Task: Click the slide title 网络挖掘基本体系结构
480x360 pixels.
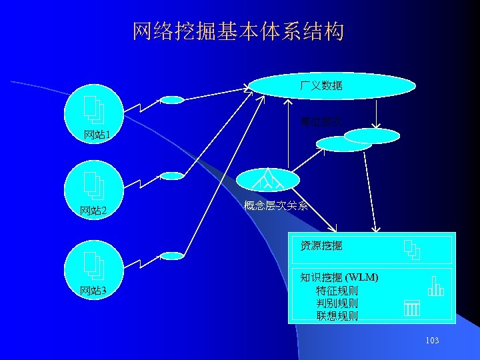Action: (238, 31)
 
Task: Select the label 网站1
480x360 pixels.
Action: (97, 135)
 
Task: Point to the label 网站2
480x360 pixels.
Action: (97, 211)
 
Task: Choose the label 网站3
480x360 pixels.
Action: (97, 290)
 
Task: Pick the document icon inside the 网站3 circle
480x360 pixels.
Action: (93, 264)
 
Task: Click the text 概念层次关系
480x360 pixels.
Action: (276, 206)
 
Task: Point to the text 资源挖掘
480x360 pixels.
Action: (321, 246)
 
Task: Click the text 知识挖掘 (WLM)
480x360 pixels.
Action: (339, 277)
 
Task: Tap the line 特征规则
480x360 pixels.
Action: (337, 291)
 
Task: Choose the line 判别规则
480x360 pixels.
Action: (337, 303)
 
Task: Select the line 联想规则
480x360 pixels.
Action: (337, 316)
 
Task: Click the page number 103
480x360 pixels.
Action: (431, 341)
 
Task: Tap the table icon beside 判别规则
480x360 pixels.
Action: (411, 307)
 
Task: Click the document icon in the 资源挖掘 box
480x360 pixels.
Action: (412, 249)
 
